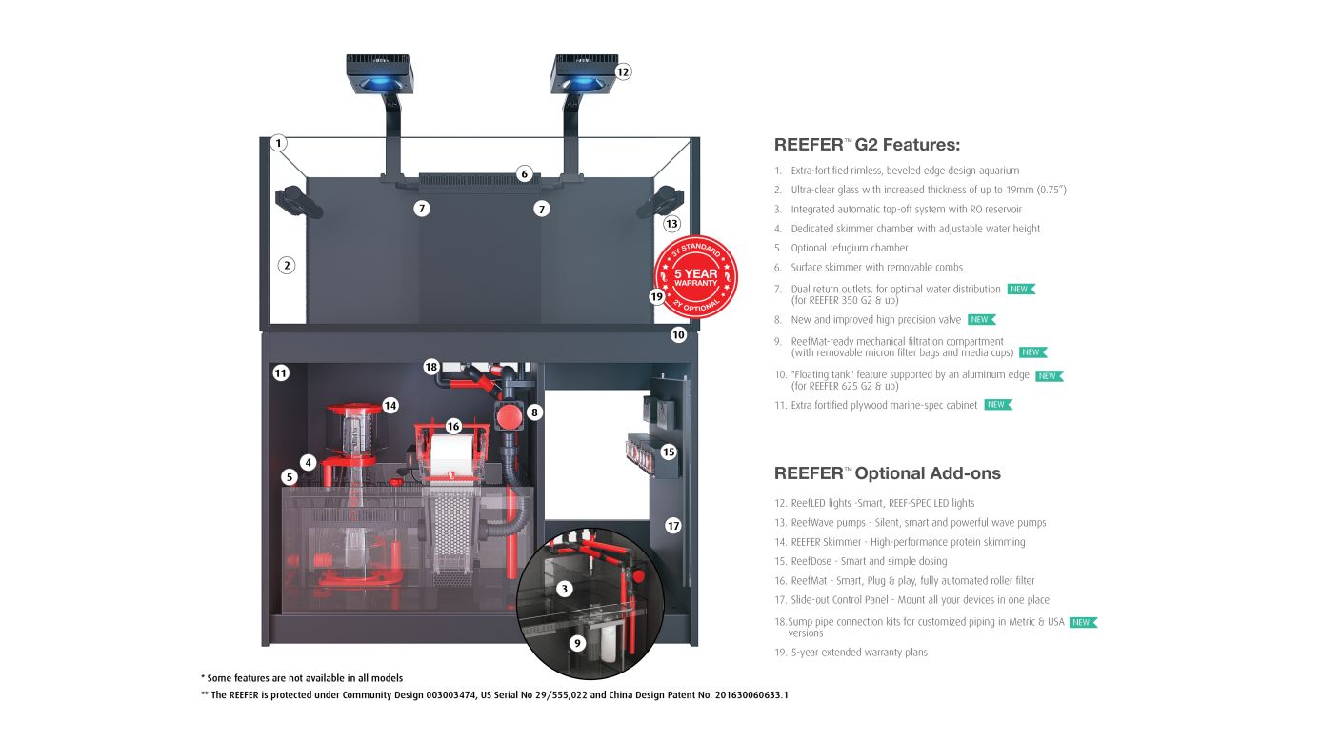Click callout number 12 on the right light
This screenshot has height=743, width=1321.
(x=622, y=71)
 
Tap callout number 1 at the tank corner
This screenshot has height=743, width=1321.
(x=278, y=143)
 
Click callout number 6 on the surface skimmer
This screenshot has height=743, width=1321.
(x=524, y=174)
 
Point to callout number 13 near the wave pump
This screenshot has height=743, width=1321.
(x=671, y=224)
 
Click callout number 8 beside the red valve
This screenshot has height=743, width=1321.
(x=535, y=412)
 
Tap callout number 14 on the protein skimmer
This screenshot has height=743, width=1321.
(x=390, y=405)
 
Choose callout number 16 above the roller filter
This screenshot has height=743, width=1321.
(x=453, y=427)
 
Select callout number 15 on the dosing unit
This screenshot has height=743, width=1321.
(x=669, y=452)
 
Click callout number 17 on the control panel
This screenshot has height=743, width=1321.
(x=673, y=525)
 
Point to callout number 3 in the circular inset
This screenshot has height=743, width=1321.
(x=565, y=589)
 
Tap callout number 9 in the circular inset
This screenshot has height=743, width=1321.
(x=576, y=643)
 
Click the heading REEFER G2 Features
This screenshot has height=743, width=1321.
(x=867, y=145)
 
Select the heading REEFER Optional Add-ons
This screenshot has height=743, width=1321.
(x=887, y=473)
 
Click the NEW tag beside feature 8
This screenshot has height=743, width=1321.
(x=981, y=320)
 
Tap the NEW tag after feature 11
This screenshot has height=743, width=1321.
(x=997, y=405)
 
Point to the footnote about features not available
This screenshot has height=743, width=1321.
(x=302, y=678)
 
